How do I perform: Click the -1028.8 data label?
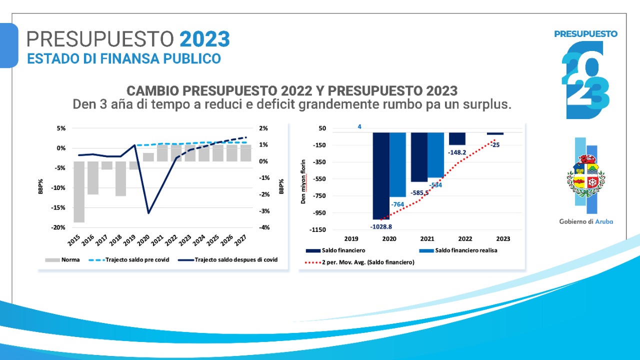tap(381, 226)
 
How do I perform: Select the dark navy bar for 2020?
tap(381, 175)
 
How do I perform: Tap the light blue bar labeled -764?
tap(398, 165)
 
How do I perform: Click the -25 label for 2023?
tap(495, 145)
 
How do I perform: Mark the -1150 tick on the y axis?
tap(318, 230)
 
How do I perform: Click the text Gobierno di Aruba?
tap(586, 221)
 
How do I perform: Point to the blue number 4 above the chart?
tap(359, 126)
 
